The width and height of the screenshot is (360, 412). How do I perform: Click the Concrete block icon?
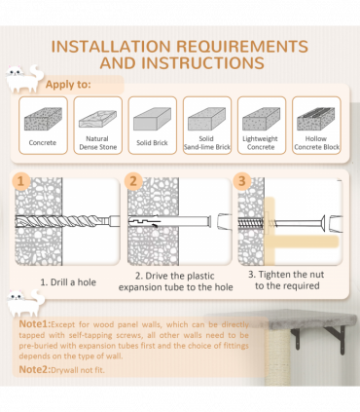pos(43,119)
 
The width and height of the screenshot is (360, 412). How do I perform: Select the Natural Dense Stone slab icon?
pos(97,119)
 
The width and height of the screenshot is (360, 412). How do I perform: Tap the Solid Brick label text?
pos(152,143)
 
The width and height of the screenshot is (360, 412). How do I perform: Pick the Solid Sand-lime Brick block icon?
pos(206,119)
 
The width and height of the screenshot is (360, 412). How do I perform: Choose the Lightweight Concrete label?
pos(261,143)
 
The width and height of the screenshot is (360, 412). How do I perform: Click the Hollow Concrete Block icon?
pos(315,119)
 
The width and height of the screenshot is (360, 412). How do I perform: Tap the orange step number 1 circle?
pos(21,181)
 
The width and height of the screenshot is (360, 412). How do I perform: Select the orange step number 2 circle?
pos(133,181)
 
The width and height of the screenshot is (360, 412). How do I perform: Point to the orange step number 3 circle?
pos(242,181)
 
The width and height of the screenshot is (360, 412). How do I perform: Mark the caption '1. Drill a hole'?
pos(68,282)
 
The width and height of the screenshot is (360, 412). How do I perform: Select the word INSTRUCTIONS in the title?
pos(203,63)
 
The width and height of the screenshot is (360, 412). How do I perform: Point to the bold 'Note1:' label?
pos(35,324)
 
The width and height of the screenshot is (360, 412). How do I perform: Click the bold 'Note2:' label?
pos(35,369)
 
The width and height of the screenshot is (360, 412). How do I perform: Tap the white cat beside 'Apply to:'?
pos(24,79)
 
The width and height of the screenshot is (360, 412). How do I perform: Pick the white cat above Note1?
pos(25,303)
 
